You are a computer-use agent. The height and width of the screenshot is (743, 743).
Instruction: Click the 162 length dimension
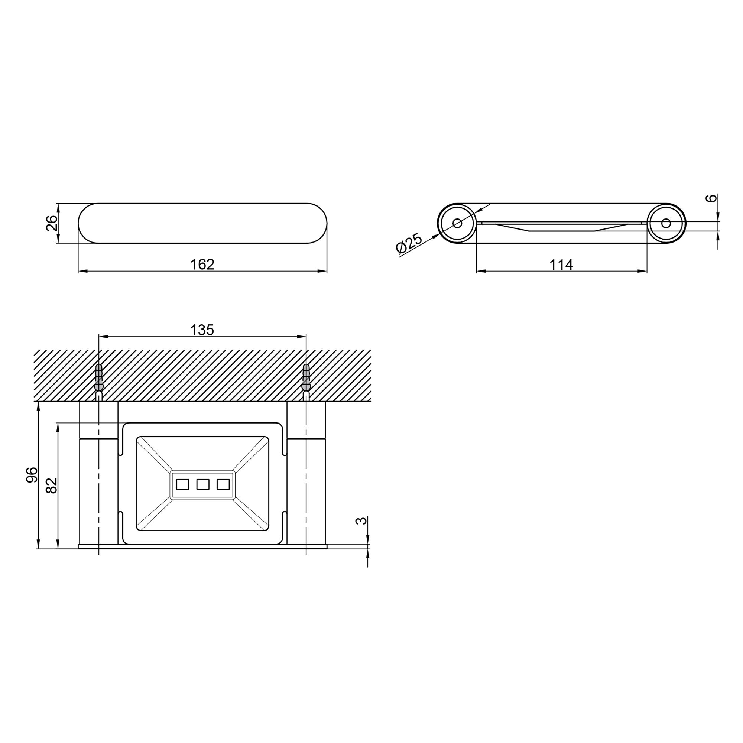[x=202, y=264]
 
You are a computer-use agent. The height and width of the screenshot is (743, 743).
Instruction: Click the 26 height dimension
[x=52, y=223]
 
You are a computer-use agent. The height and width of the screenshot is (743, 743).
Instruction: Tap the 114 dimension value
[x=561, y=265]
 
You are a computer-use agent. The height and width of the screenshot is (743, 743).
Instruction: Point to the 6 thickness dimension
[x=711, y=198]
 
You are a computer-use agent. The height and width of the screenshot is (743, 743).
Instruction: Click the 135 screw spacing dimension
[x=202, y=330]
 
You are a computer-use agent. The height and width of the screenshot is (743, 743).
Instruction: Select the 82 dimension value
[x=52, y=486]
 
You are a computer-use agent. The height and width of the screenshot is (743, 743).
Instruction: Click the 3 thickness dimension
[x=361, y=521]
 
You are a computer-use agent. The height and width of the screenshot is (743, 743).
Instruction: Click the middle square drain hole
[x=203, y=484]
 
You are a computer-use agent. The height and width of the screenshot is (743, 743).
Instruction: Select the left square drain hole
[x=182, y=484]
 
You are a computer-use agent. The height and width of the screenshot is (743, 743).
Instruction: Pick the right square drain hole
[x=223, y=484]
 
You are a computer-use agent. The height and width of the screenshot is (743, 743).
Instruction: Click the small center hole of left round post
[x=457, y=223]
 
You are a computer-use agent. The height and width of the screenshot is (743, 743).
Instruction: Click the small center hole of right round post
[x=666, y=223]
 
